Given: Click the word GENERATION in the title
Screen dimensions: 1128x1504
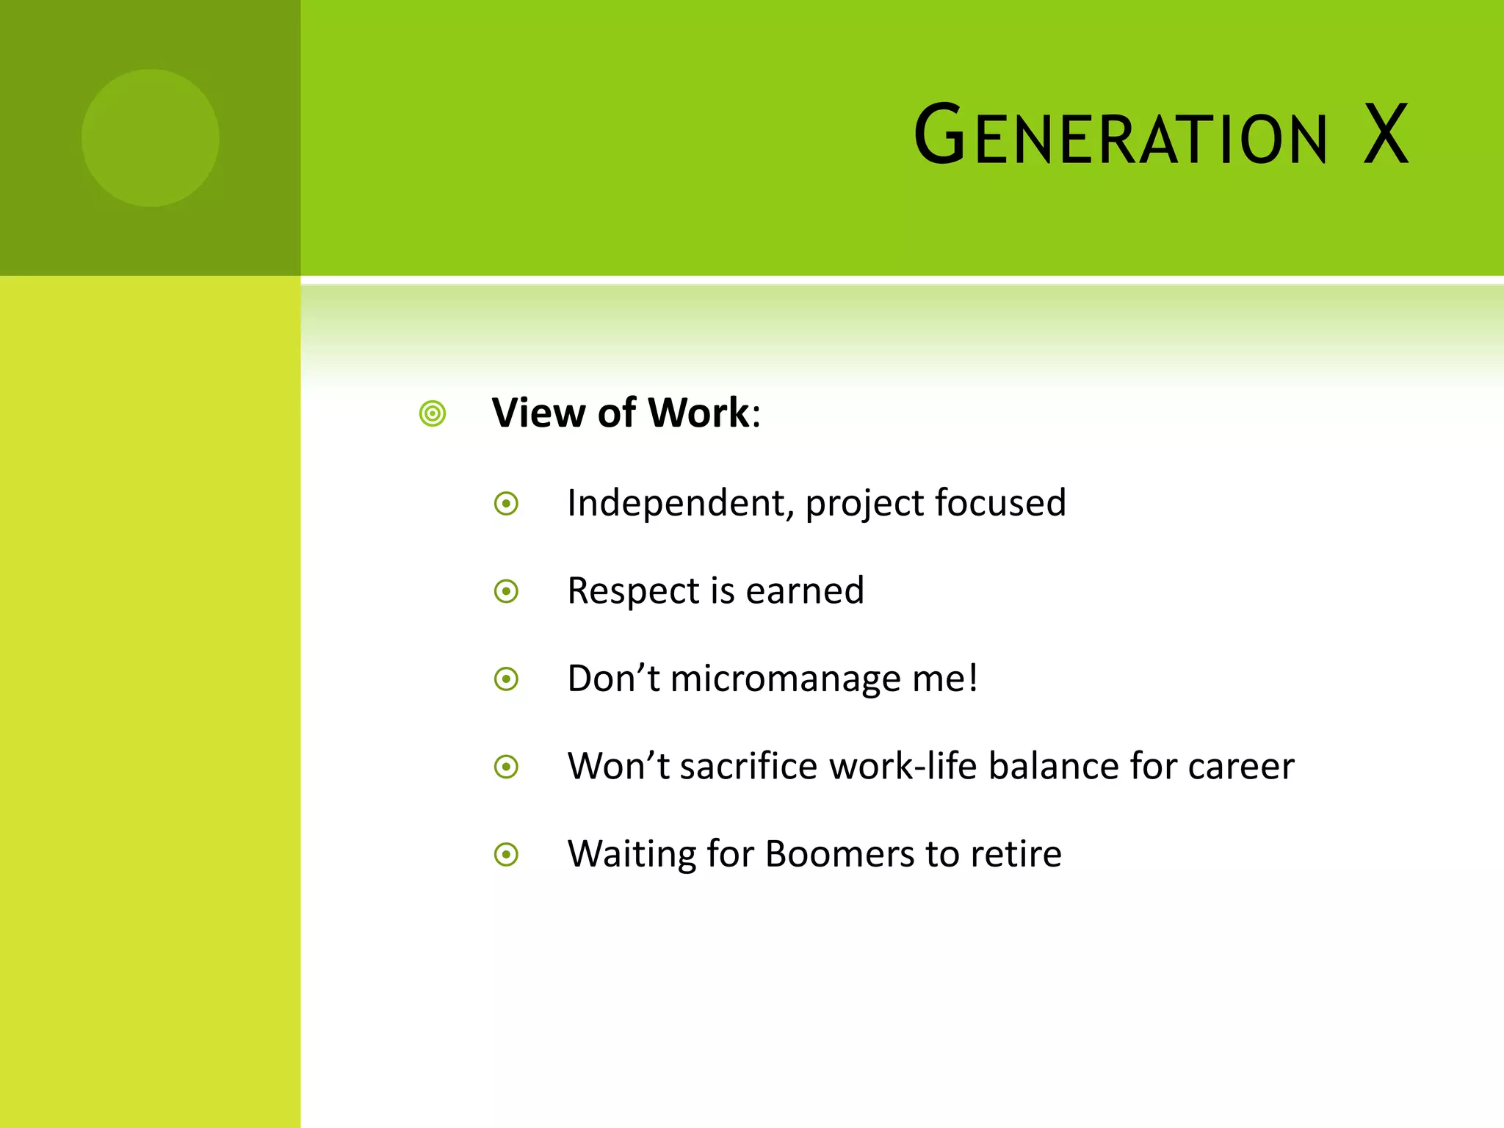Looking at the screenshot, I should click(x=1121, y=136).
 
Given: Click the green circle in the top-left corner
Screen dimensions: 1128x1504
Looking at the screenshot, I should click(x=150, y=138).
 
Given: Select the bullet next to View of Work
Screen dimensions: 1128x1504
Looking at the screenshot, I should click(x=433, y=413).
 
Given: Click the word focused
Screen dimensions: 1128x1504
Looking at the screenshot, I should click(x=1000, y=504).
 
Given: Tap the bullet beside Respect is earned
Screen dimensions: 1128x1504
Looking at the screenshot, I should click(x=507, y=591).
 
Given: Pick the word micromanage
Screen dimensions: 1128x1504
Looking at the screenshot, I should click(x=785, y=679).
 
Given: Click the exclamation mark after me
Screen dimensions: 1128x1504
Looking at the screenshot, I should click(x=973, y=677).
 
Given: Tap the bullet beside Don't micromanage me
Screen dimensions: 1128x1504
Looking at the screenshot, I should click(x=507, y=679).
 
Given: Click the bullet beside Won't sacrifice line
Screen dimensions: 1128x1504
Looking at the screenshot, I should click(x=507, y=767).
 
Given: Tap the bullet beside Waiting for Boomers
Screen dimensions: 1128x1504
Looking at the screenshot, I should click(x=507, y=855).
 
